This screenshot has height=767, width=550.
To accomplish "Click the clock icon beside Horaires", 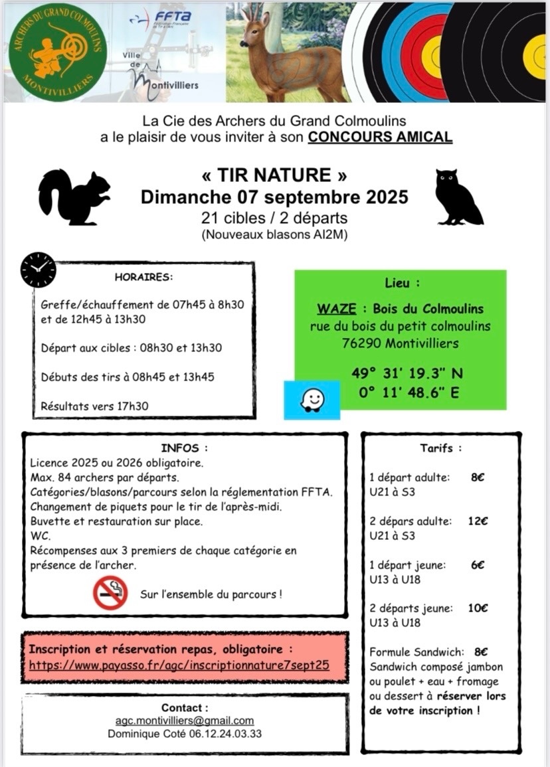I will point(39,270).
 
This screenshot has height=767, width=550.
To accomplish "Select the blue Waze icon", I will point(312,400).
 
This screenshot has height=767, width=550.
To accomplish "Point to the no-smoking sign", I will point(110,593).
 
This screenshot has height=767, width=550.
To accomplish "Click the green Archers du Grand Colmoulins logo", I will point(57,52).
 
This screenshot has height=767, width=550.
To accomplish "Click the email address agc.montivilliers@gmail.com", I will point(184,721).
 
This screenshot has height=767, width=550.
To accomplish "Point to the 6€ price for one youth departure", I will point(476,565).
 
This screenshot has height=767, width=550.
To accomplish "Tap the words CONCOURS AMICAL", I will point(381,137).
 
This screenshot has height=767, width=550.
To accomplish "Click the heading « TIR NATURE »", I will point(274,175).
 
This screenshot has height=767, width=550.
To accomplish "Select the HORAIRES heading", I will point(143,277).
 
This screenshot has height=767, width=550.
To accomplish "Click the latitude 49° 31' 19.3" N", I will point(401,373).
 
